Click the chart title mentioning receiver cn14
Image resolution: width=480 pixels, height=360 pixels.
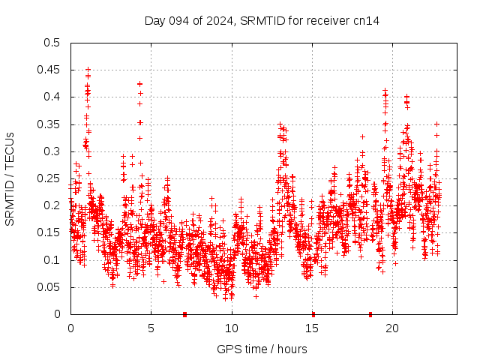pyautogui.click(x=262, y=20)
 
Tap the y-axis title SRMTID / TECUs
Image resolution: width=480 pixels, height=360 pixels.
pyautogui.click(x=10, y=178)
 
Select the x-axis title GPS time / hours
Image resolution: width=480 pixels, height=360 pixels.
pyautogui.click(x=262, y=349)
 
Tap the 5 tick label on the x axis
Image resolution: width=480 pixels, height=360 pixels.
pyautogui.click(x=151, y=328)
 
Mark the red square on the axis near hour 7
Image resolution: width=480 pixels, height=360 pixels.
pyautogui.click(x=184, y=314)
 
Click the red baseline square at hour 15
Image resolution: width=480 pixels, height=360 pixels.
pyautogui.click(x=313, y=314)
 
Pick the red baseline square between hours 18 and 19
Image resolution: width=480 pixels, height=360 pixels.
pyautogui.click(x=370, y=314)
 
